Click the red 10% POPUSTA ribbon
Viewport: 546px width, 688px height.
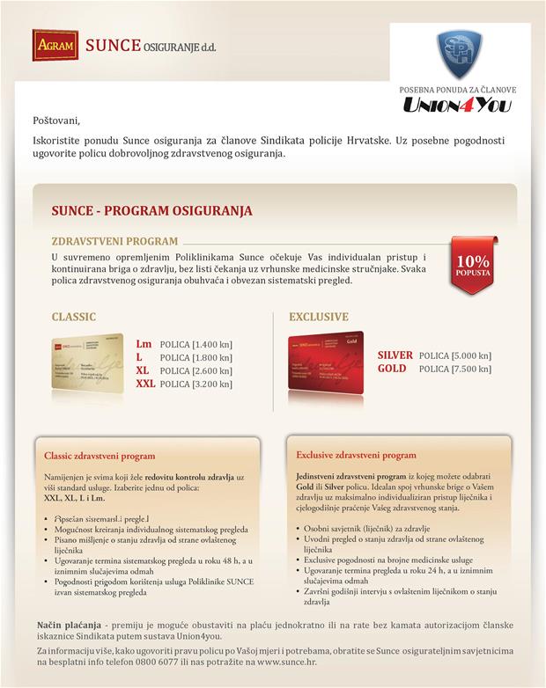pyautogui.click(x=473, y=265)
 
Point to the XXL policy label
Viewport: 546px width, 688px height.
pyautogui.click(x=145, y=384)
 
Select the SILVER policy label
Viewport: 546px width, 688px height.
pyautogui.click(x=395, y=355)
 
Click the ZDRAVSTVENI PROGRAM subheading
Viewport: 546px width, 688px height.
pyautogui.click(x=114, y=240)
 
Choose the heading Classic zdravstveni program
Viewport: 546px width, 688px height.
pyautogui.click(x=100, y=456)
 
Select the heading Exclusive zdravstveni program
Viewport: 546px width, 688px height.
pyautogui.click(x=356, y=456)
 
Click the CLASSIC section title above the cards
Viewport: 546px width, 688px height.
pyautogui.click(x=73, y=317)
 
